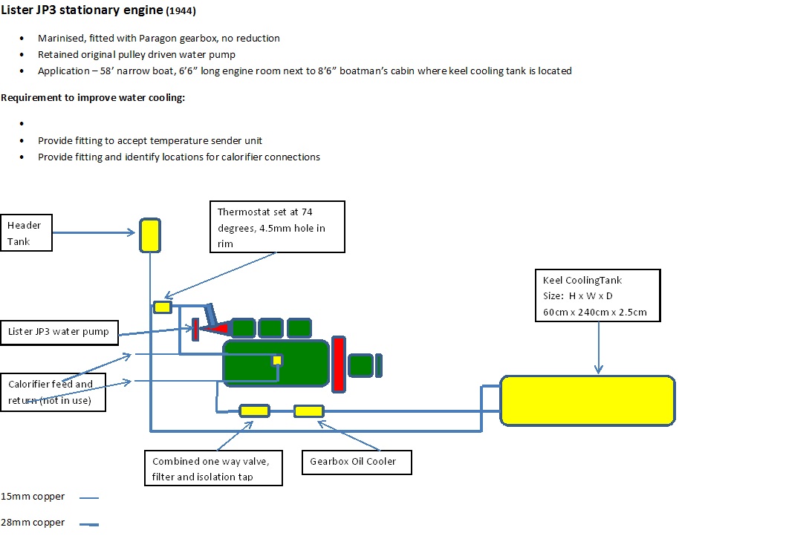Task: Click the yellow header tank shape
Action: tap(150, 234)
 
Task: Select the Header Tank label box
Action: tap(27, 233)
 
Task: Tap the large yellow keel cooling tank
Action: tap(587, 400)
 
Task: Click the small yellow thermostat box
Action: tap(163, 307)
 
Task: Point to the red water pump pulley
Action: tap(195, 329)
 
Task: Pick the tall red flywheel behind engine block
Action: tap(339, 363)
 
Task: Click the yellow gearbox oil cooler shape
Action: tap(309, 411)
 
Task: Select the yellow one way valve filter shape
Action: tap(254, 411)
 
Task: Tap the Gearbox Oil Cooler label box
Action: tap(357, 462)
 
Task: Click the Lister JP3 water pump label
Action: tap(59, 332)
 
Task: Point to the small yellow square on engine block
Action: tap(277, 360)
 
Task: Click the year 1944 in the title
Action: tap(182, 12)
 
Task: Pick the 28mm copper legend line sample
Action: tap(89, 525)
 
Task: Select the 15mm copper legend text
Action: tap(33, 497)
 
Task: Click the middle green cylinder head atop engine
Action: tap(270, 327)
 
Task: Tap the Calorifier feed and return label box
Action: tap(53, 392)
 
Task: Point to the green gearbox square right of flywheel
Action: tap(361, 365)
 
